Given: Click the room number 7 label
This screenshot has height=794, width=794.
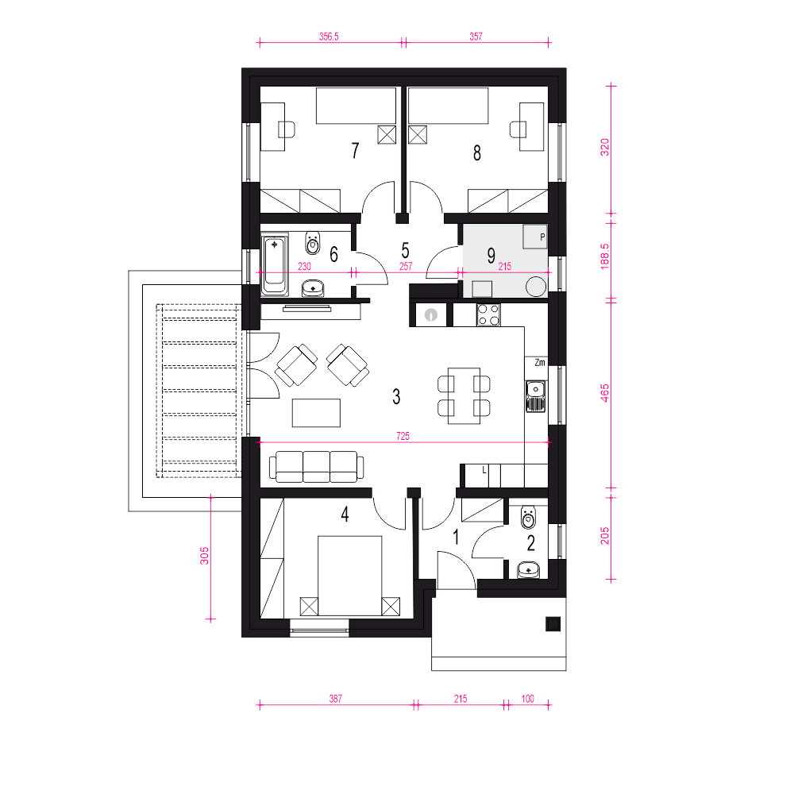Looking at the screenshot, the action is pyautogui.click(x=356, y=150).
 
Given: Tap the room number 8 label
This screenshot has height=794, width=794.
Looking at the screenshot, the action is pyautogui.click(x=477, y=153).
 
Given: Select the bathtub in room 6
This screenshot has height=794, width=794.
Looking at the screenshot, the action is pyautogui.click(x=274, y=265).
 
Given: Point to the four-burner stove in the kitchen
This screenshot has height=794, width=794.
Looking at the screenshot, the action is pyautogui.click(x=488, y=314).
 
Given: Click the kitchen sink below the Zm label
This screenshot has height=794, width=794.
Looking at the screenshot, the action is pyautogui.click(x=535, y=396).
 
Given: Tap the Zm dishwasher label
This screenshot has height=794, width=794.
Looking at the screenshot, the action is pyautogui.click(x=540, y=362).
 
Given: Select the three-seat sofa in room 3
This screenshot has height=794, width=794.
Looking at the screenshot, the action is pyautogui.click(x=317, y=467).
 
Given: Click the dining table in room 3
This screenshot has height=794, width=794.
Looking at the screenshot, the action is pyautogui.click(x=464, y=396).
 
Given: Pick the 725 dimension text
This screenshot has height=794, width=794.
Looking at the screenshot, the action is pyautogui.click(x=403, y=436).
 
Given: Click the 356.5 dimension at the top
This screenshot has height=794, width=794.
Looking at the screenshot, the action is pyautogui.click(x=329, y=37).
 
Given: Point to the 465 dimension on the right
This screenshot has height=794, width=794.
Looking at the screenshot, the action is pyautogui.click(x=604, y=393).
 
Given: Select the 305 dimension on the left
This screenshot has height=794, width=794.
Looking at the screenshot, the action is pyautogui.click(x=204, y=556).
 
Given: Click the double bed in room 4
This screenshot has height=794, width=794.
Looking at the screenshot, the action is pyautogui.click(x=349, y=576).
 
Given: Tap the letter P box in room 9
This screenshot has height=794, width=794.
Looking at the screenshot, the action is pyautogui.click(x=535, y=237).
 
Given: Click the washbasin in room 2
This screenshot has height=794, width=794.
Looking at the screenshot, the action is pyautogui.click(x=529, y=570).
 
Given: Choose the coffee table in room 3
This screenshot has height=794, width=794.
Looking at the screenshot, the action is pyautogui.click(x=316, y=413).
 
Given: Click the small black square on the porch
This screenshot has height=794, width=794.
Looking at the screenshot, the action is pyautogui.click(x=553, y=624).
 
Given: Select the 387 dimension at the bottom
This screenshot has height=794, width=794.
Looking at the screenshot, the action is pyautogui.click(x=336, y=699).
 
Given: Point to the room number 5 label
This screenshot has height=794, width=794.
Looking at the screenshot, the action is pyautogui.click(x=405, y=250).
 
